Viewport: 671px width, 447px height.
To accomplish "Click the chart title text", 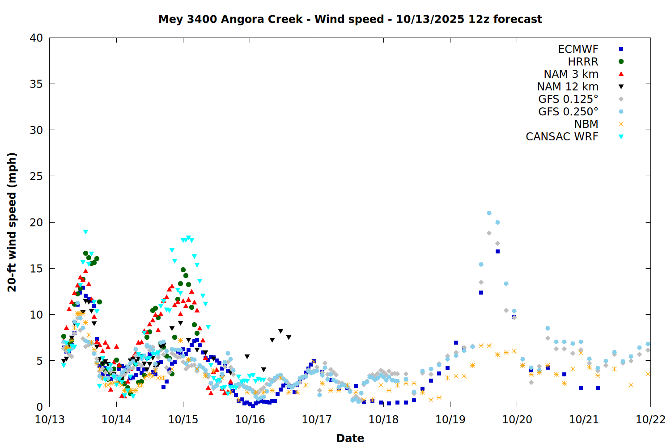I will point(350,19).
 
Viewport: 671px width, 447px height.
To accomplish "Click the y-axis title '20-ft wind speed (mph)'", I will point(12,222).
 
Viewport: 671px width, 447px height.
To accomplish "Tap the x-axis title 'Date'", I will point(350,438).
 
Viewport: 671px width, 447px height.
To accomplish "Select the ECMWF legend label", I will point(578,49).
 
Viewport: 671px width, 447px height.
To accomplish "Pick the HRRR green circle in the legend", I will point(621,62).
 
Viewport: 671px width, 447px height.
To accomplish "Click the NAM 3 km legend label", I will point(571,74).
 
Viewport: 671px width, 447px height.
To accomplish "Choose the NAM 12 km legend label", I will point(568,87).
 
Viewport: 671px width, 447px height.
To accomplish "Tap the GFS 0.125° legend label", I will point(568,99).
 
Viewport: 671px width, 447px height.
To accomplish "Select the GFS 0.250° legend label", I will point(568,112).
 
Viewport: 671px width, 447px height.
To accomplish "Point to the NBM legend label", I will point(586,124).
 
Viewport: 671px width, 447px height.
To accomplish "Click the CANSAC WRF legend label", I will point(562,137).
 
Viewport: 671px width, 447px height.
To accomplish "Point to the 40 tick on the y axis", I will point(36,38).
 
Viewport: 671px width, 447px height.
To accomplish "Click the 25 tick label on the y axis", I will point(36,176).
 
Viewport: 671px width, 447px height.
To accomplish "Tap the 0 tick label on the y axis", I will point(40,407).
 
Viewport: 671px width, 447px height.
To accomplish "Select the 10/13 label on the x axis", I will point(50,420).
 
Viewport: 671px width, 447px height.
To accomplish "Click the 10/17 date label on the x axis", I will point(317,420).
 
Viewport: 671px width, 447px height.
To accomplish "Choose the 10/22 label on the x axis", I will point(650,420).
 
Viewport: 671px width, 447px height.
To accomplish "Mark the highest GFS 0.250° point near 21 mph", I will point(489,213).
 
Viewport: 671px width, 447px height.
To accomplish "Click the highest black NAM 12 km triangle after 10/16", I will point(280,331).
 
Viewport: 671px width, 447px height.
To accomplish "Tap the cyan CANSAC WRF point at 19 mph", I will point(85,232).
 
